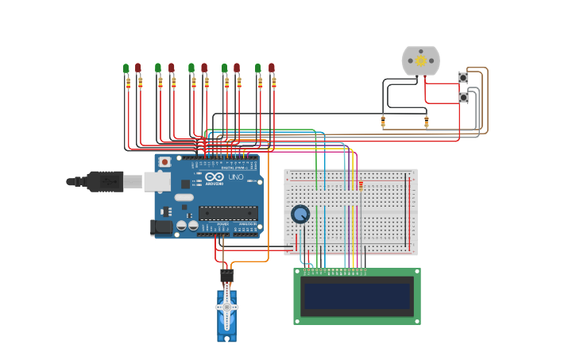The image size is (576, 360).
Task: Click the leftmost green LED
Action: [126, 68]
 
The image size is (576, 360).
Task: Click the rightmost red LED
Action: [272, 68]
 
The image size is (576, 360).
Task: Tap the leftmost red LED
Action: [138, 68]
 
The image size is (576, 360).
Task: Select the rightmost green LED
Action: [258, 68]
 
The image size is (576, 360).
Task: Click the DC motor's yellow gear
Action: [421, 60]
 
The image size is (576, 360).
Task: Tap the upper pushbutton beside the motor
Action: [463, 77]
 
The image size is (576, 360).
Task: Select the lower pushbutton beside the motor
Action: [463, 97]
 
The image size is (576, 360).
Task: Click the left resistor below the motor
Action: [383, 122]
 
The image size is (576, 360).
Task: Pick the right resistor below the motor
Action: [427, 122]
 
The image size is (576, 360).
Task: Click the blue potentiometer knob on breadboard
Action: [300, 214]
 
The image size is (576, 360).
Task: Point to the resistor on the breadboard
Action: [361, 186]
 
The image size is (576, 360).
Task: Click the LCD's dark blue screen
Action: [357, 296]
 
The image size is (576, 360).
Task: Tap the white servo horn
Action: [226, 307]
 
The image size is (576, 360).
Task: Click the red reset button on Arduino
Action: [164, 162]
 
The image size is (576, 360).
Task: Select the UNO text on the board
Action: [236, 176]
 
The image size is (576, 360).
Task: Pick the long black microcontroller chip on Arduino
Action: [228, 212]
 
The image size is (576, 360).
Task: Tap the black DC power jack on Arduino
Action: [161, 227]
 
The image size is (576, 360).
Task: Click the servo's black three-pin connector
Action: [226, 276]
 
